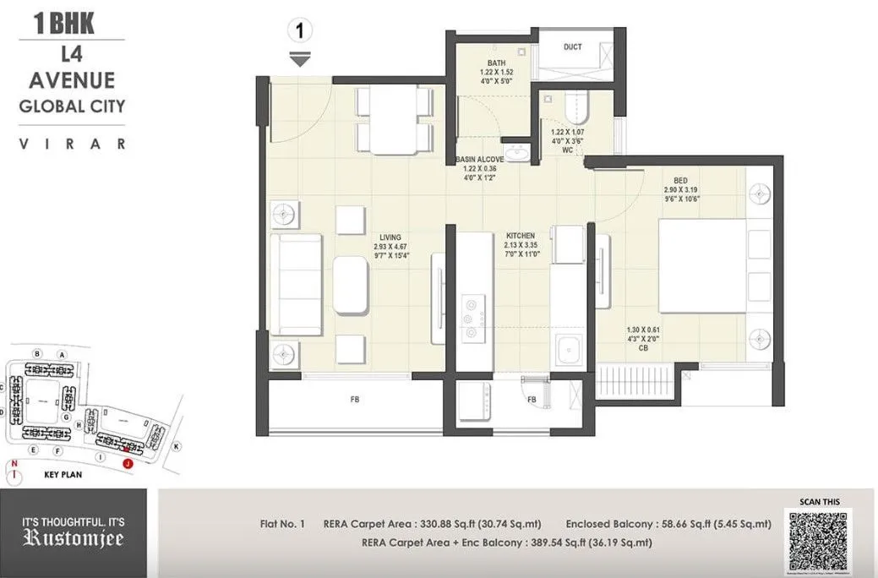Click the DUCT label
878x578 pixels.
(x=572, y=47)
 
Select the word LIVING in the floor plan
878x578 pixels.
(x=390, y=237)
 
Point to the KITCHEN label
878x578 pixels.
(x=521, y=236)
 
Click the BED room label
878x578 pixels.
(x=680, y=180)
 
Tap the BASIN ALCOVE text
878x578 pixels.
(x=479, y=159)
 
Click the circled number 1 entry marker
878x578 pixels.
(x=299, y=31)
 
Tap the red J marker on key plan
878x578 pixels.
(x=127, y=463)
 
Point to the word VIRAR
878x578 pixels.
(x=72, y=144)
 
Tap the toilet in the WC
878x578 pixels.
(x=579, y=106)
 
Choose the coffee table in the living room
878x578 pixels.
(x=352, y=285)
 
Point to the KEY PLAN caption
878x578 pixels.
(x=67, y=475)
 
